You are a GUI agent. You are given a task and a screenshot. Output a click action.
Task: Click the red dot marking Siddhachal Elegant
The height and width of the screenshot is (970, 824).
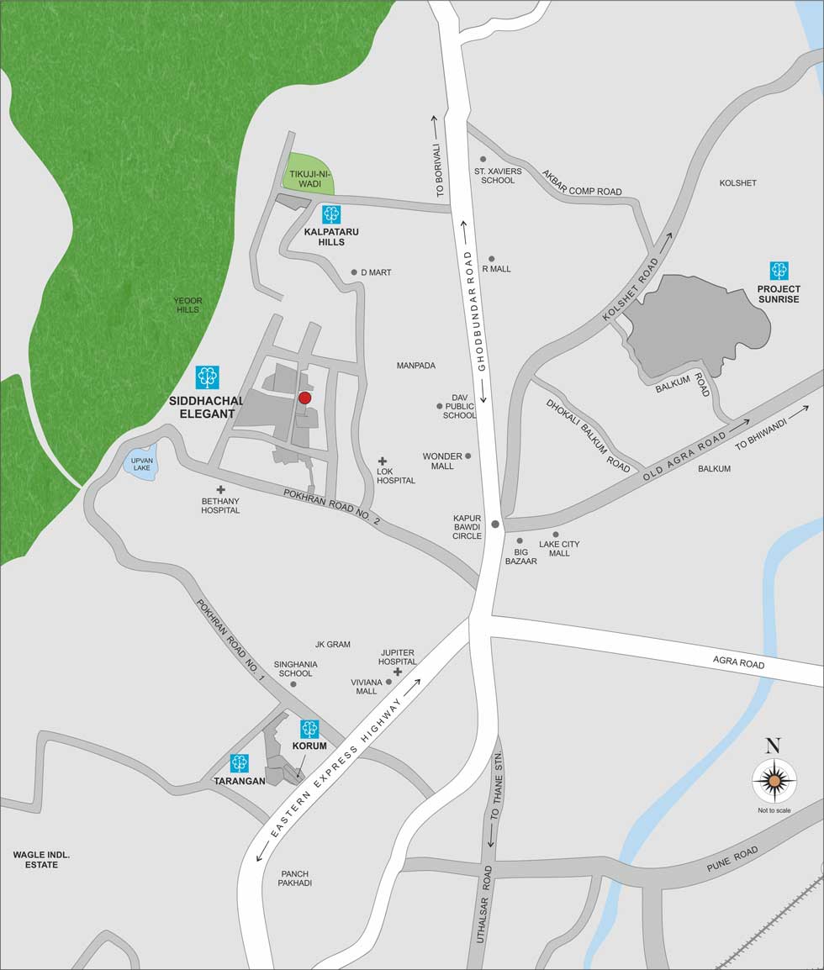point(305,398)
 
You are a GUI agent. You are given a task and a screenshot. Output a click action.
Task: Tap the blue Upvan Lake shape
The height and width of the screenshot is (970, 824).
point(140,464)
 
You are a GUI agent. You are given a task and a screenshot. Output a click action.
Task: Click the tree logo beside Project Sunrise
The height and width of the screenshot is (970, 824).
point(779,271)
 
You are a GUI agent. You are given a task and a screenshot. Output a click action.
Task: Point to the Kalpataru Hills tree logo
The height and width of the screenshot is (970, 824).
point(331,214)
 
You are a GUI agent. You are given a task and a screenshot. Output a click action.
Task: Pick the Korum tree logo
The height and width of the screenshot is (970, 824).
point(309,729)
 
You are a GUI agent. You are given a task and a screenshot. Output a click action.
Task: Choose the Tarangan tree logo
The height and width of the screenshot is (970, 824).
point(240,763)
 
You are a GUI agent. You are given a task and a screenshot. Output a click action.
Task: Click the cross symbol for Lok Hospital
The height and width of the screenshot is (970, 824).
point(383,461)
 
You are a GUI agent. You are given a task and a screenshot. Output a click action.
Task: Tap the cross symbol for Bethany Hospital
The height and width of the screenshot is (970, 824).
point(221,489)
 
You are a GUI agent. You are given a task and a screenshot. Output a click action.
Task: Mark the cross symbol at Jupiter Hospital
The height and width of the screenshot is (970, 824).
point(398,672)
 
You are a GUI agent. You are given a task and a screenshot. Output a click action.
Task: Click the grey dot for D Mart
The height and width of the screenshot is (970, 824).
point(355,272)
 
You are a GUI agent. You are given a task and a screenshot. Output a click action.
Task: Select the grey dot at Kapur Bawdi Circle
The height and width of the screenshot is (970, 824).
point(495,525)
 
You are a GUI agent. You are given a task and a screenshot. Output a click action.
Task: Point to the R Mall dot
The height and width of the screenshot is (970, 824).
point(492,259)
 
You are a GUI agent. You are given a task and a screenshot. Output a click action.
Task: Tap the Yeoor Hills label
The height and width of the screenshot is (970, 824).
point(188,305)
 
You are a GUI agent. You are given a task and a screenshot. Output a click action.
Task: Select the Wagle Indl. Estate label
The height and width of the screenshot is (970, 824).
point(41,859)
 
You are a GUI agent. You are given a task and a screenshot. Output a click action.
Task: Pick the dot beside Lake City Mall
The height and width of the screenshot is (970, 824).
point(556,535)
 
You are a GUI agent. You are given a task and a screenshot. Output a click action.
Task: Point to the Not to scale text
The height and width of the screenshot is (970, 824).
point(774,810)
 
